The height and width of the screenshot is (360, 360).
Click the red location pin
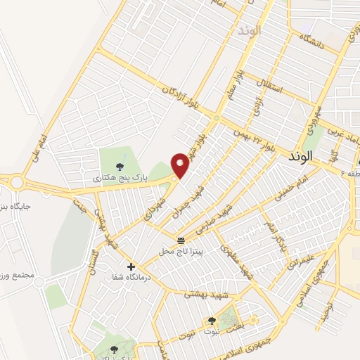pyautogui.click(x=181, y=165)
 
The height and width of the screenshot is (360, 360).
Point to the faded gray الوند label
pyautogui.click(x=250, y=31)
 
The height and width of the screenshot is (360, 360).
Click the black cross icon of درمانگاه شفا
pyautogui.click(x=131, y=266)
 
